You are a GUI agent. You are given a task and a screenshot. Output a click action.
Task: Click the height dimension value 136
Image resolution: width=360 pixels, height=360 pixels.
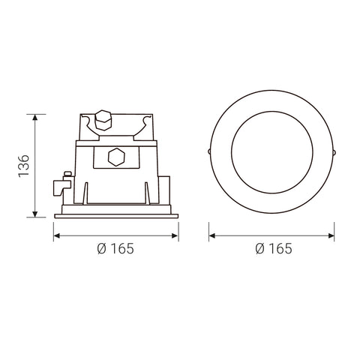[23, 166]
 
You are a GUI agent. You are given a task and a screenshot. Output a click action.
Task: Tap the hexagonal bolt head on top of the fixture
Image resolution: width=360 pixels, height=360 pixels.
[104, 121]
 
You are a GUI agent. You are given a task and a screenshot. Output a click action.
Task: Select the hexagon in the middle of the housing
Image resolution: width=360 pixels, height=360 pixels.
[115, 158]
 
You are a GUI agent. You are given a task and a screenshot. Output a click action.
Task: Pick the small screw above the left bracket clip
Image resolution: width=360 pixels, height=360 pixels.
[68, 176]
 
